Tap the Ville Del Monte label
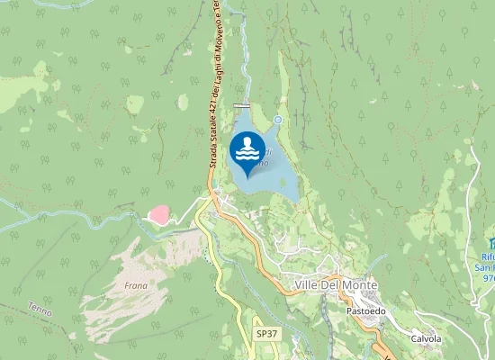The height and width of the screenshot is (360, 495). click(x=336, y=284)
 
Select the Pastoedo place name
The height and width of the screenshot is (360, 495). click(x=365, y=310)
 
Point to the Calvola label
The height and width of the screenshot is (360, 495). click(x=426, y=338)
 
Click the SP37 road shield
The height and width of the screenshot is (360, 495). click(x=265, y=333)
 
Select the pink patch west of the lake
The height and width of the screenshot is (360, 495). click(x=158, y=215)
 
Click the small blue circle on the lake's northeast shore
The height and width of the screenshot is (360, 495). click(x=278, y=120)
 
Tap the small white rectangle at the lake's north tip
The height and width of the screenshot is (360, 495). click(x=241, y=106)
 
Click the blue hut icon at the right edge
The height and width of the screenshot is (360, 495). click(x=490, y=243)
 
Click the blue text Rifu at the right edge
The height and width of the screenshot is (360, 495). click(x=487, y=256)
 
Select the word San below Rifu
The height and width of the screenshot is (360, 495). click(x=487, y=267)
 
